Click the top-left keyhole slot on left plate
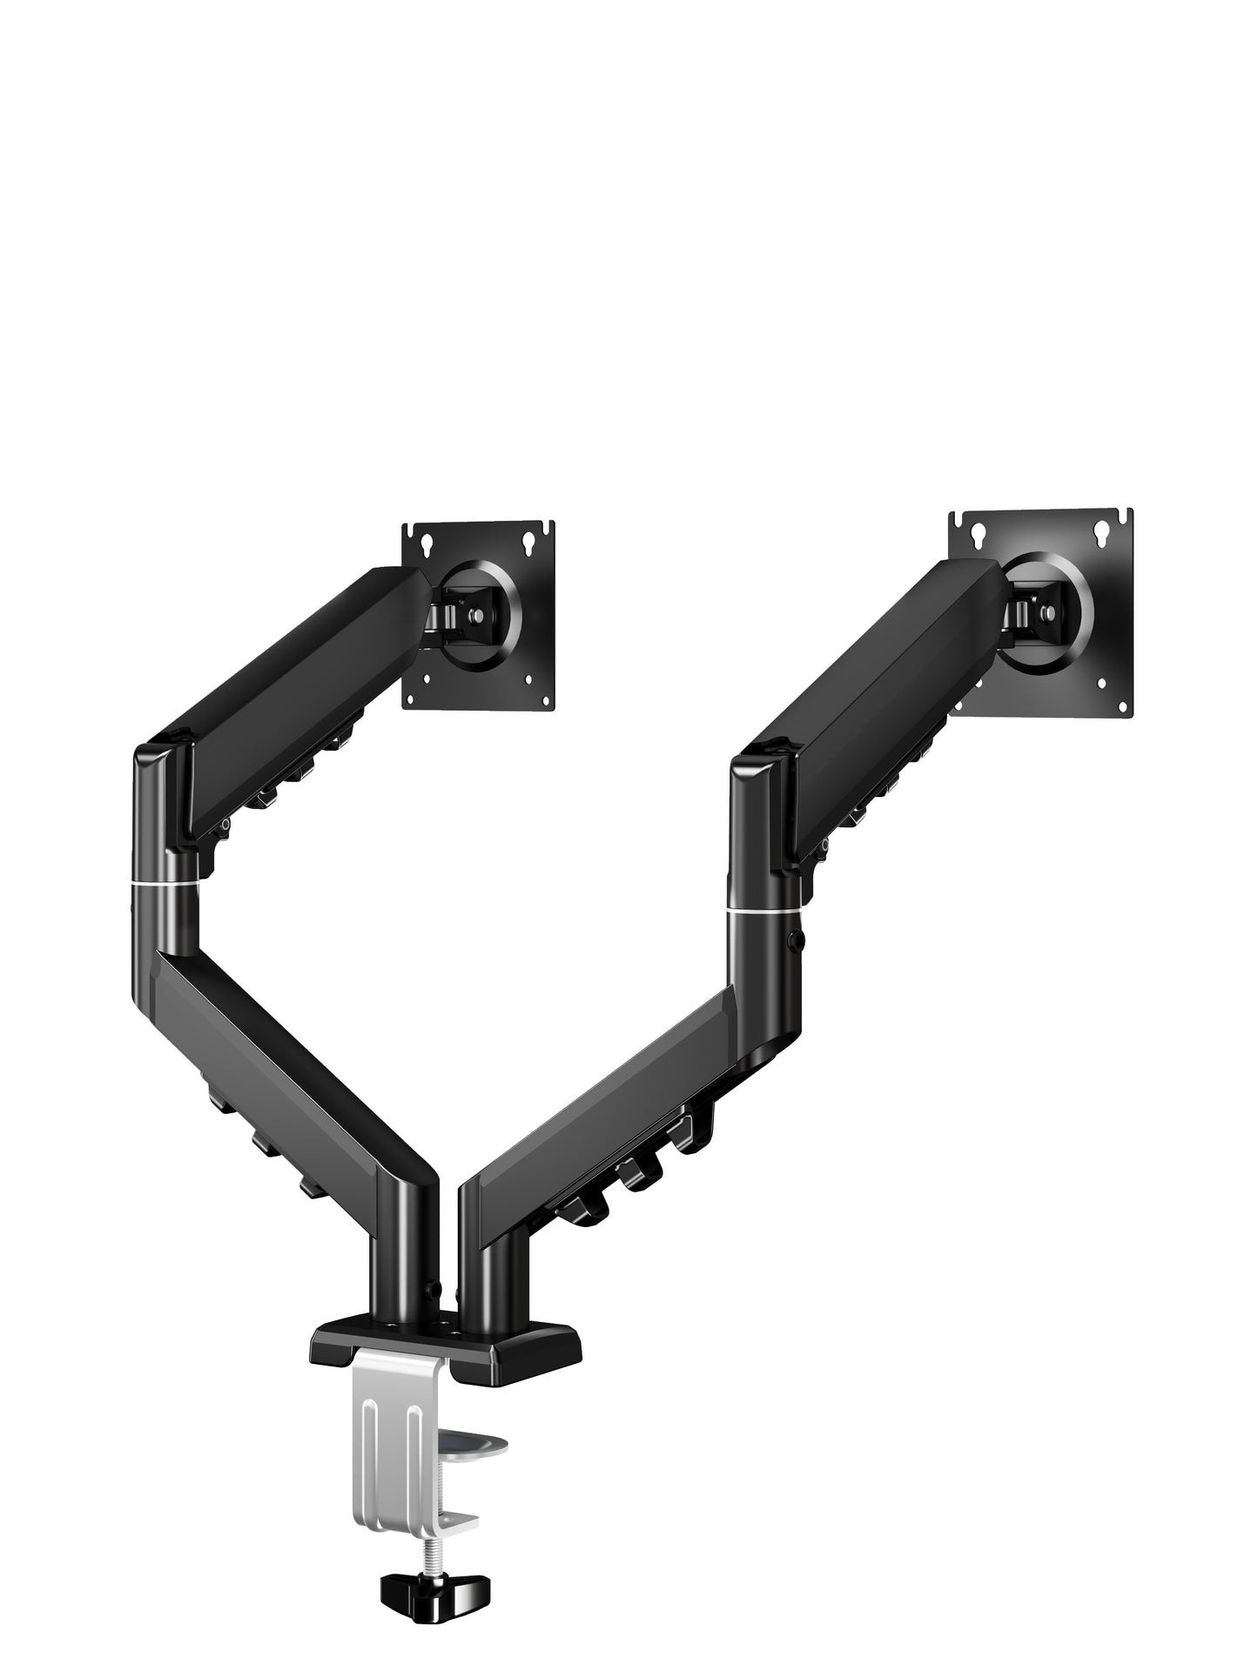tap(427, 545)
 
